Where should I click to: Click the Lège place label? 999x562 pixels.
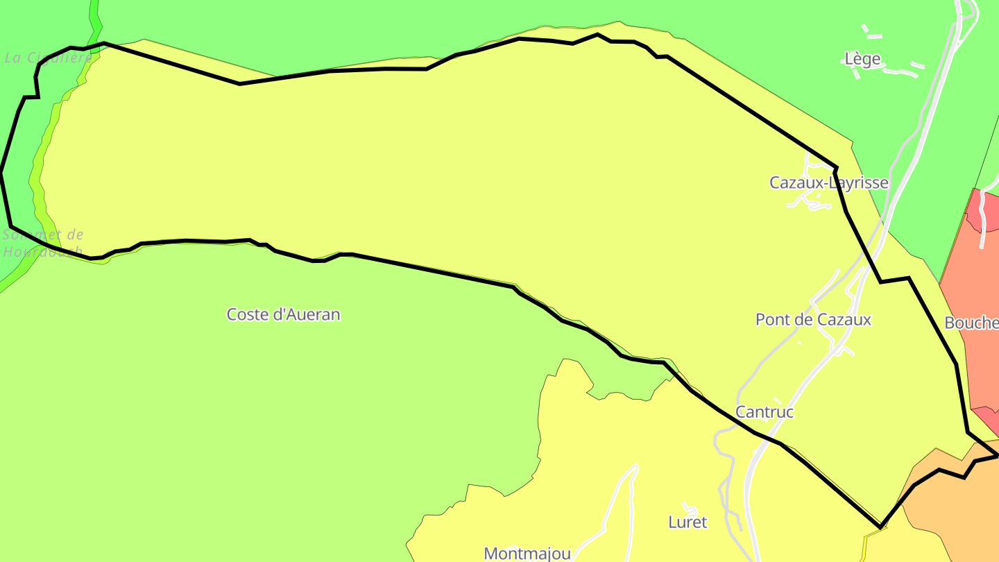pyautogui.click(x=862, y=59)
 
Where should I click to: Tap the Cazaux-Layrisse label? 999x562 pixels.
pyautogui.click(x=828, y=182)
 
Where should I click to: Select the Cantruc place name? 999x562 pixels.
pyautogui.click(x=764, y=412)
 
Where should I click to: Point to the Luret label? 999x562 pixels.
pyautogui.click(x=688, y=522)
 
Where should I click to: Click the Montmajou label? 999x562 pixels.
pyautogui.click(x=527, y=553)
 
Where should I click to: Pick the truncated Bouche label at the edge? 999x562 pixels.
pyautogui.click(x=971, y=323)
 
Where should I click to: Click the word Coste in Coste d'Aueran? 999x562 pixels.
pyautogui.click(x=247, y=314)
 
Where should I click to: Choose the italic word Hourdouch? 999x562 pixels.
pyautogui.click(x=42, y=251)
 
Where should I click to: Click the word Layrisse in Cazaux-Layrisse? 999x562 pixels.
pyautogui.click(x=861, y=182)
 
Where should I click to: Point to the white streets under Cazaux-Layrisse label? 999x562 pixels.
pyautogui.click(x=808, y=201)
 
